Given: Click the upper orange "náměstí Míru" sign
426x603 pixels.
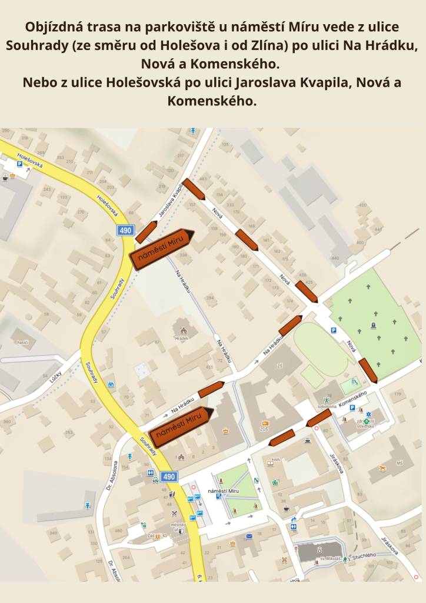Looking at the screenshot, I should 162,249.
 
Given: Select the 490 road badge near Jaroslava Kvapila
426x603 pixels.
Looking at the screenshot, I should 126,230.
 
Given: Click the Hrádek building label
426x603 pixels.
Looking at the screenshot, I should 181,339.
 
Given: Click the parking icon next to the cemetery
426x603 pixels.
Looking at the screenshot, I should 334,331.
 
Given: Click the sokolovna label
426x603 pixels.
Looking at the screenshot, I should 326,406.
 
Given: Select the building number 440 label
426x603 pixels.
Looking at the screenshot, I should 335,257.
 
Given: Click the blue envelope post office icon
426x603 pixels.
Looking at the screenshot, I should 249,536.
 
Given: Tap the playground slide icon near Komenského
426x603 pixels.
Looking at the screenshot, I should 354,381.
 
